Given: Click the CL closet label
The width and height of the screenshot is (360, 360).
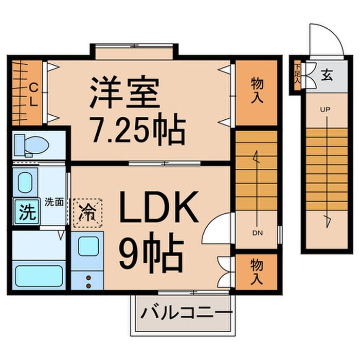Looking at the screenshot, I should tap(32, 94).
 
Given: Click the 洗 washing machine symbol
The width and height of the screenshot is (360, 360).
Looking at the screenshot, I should tap(26, 212).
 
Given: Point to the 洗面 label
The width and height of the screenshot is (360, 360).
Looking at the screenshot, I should tap(53, 202).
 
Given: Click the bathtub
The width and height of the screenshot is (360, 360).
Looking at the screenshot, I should tap(39, 276).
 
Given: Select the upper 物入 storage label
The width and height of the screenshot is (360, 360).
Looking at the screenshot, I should tap(257, 90).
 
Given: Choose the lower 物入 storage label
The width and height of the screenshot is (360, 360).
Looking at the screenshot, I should tap(257, 272).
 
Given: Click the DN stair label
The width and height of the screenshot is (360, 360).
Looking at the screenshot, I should tap(258, 233).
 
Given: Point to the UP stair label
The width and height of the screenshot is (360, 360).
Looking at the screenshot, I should tap(325, 110).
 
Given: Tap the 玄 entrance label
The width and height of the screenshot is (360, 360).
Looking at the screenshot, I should tap(327, 75).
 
